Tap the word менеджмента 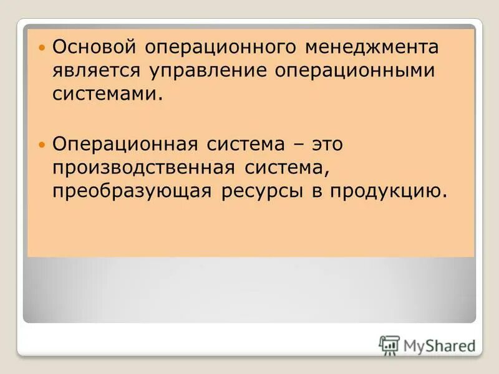pyautogui.click(x=372, y=47)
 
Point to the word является pyautogui.click(x=96, y=71)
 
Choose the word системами pyautogui.click(x=103, y=94)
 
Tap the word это pyautogui.click(x=324, y=144)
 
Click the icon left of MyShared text pyautogui.click(x=389, y=345)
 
